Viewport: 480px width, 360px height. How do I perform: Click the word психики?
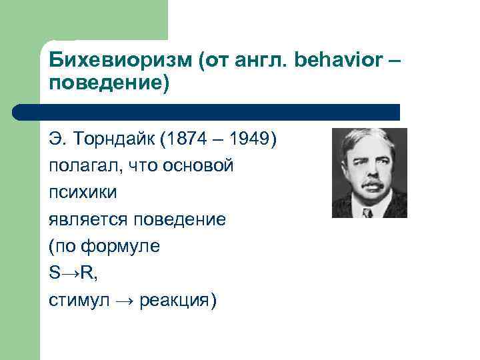coord(83,193)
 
